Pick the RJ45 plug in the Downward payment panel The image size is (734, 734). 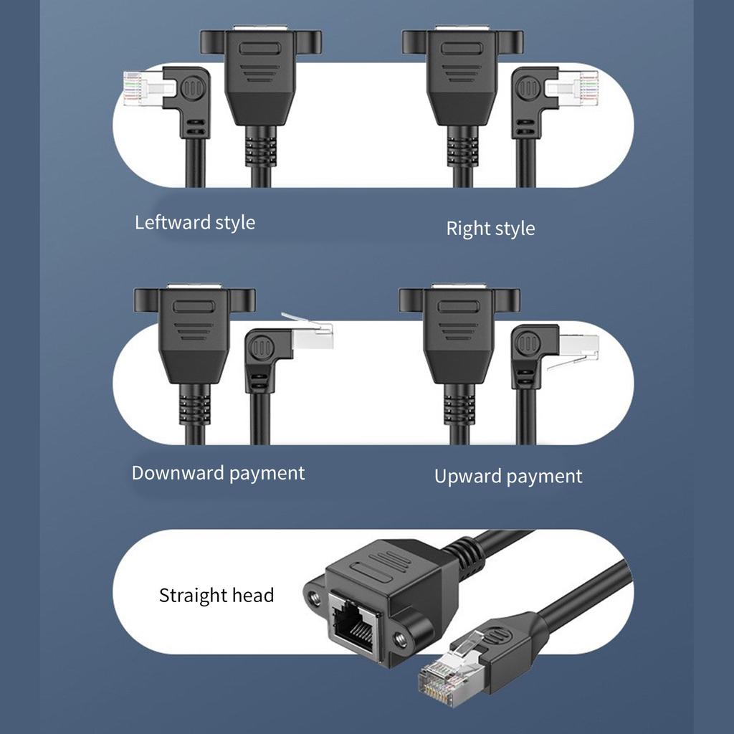click(x=313, y=335)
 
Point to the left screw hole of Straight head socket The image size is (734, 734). click(x=313, y=596)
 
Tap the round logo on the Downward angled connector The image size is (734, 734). click(x=262, y=351)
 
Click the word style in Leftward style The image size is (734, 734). click(x=234, y=222)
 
